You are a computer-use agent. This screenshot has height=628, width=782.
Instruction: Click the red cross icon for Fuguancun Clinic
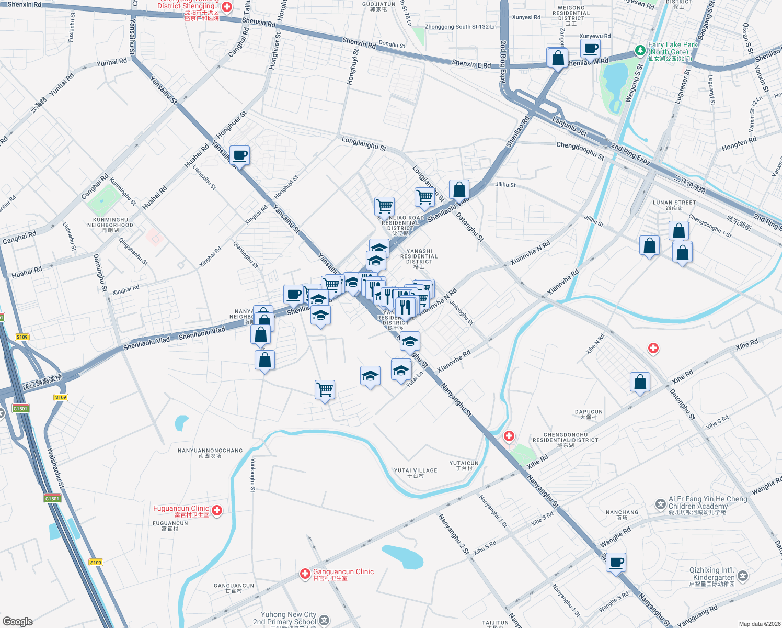217,510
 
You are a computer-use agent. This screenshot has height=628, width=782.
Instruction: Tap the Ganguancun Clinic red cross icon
305,574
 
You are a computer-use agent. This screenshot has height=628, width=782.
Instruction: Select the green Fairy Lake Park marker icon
640,50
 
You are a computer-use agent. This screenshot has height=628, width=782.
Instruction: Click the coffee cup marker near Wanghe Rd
616,563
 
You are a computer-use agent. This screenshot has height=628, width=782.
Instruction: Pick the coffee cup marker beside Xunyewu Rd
590,49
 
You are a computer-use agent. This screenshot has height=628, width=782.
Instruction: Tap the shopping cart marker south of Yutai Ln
325,389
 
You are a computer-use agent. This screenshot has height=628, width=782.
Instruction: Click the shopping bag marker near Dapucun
640,383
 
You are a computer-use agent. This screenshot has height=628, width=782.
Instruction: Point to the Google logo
18,621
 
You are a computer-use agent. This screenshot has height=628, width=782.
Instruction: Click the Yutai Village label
416,473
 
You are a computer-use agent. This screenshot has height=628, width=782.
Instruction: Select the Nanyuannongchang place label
210,453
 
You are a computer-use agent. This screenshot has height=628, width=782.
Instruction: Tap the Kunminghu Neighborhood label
110,225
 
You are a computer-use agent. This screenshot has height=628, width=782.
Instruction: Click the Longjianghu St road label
364,143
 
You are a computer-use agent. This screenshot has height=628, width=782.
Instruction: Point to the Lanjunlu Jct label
570,127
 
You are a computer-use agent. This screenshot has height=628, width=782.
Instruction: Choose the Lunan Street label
674,205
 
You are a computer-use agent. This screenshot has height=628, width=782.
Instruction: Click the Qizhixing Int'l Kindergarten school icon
743,576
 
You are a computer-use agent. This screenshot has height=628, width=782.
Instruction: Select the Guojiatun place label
378,6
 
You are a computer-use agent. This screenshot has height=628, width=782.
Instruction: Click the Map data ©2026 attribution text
757,624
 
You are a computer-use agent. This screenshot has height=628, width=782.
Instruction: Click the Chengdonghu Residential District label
565,440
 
